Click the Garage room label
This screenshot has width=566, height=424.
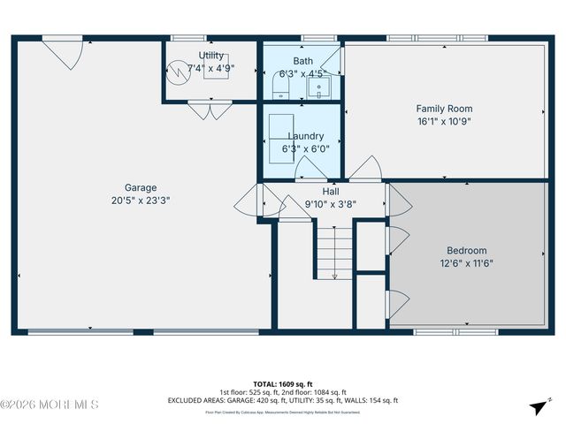click(x=141, y=187)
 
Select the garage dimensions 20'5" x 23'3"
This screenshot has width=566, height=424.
click(x=141, y=201)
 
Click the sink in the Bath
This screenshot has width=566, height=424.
click(x=324, y=87)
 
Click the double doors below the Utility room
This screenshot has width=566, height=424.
click(x=210, y=110)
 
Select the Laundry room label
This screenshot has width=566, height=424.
click(x=306, y=137)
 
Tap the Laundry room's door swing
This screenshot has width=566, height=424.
click(x=310, y=169)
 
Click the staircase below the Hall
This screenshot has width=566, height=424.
click(x=334, y=252)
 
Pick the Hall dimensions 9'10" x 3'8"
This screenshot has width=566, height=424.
click(x=330, y=203)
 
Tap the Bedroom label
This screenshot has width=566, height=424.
click(x=466, y=250)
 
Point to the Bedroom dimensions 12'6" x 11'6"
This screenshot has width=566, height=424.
click(x=466, y=262)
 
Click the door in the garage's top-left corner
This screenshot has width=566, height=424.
click(x=65, y=54)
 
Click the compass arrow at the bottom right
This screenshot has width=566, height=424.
click(x=537, y=406)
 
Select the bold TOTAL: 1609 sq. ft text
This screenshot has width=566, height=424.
click(x=283, y=384)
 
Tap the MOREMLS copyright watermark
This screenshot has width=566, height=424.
click(x=50, y=405)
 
